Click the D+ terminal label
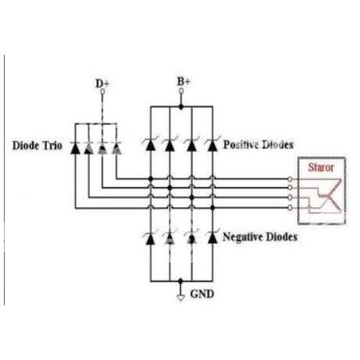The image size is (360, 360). click(x=103, y=84)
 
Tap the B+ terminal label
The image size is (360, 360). click(x=184, y=81)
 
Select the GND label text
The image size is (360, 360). click(x=202, y=294)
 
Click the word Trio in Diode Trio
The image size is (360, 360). click(x=52, y=146)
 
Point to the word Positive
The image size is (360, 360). click(x=240, y=145)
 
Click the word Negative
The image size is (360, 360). click(x=241, y=236)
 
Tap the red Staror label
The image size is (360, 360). click(x=321, y=167)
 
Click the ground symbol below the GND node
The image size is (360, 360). click(x=181, y=297)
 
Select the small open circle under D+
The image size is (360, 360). click(x=103, y=92)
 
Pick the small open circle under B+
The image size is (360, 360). click(x=181, y=91)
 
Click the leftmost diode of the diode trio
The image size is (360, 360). click(x=75, y=148)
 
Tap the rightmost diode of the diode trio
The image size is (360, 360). click(x=117, y=148)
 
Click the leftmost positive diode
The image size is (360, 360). click(x=150, y=145)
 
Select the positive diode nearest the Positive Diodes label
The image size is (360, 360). click(x=212, y=145)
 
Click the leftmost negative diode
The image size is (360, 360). click(x=150, y=238)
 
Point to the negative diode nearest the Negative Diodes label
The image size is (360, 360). click(x=213, y=238)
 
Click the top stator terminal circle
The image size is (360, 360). click(x=290, y=179)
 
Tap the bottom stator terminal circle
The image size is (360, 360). click(x=290, y=207)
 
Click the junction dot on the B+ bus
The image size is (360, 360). click(x=181, y=106)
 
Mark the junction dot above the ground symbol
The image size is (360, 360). click(x=181, y=281)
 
